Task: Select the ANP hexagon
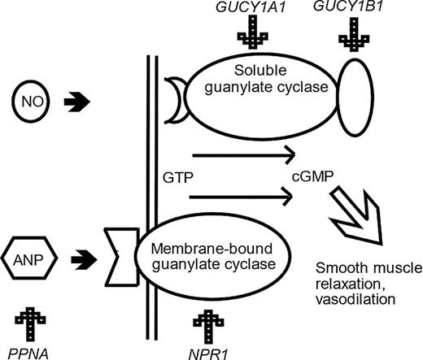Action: (29, 258)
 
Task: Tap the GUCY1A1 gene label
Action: (251, 7)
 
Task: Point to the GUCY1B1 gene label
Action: (348, 6)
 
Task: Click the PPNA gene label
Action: (28, 353)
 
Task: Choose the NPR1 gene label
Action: (208, 354)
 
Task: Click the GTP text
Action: (178, 178)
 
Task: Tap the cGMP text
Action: (312, 177)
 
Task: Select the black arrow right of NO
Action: (76, 102)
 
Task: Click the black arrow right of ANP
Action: (84, 260)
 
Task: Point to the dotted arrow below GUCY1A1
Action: (253, 32)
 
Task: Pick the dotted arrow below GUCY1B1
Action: (354, 35)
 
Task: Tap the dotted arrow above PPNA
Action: (30, 324)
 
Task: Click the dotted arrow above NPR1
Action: (208, 327)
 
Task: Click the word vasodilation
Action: (355, 299)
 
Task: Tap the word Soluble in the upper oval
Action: (260, 71)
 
